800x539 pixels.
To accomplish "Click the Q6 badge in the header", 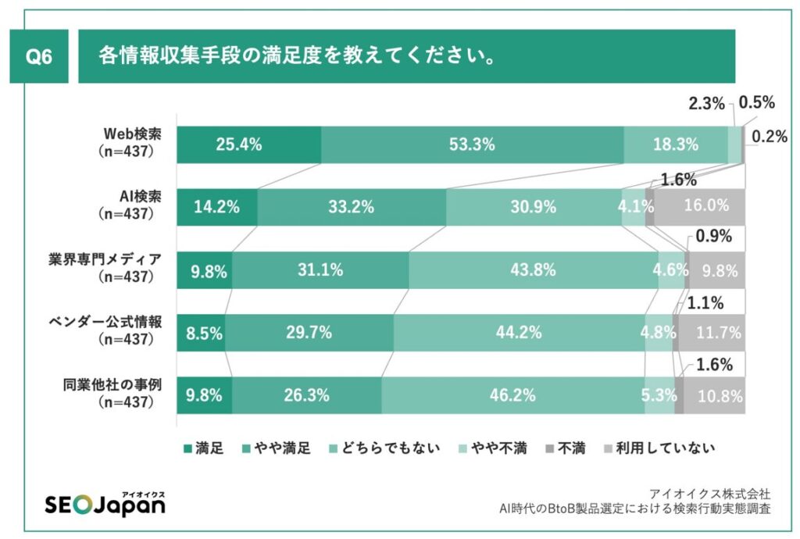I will pyautogui.click(x=39, y=56).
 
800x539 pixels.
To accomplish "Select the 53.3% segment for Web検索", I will pyautogui.click(x=472, y=145).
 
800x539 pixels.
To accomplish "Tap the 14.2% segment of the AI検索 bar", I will pyautogui.click(x=216, y=207).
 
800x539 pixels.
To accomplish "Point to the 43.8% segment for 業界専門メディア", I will pyautogui.click(x=534, y=270).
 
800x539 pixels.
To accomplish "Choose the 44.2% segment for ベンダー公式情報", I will pyautogui.click(x=533, y=333).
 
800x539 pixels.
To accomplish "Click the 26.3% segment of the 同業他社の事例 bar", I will pyautogui.click(x=306, y=395).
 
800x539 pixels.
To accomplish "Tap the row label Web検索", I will pyautogui.click(x=129, y=134).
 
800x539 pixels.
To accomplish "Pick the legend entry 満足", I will pyautogui.click(x=204, y=448).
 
